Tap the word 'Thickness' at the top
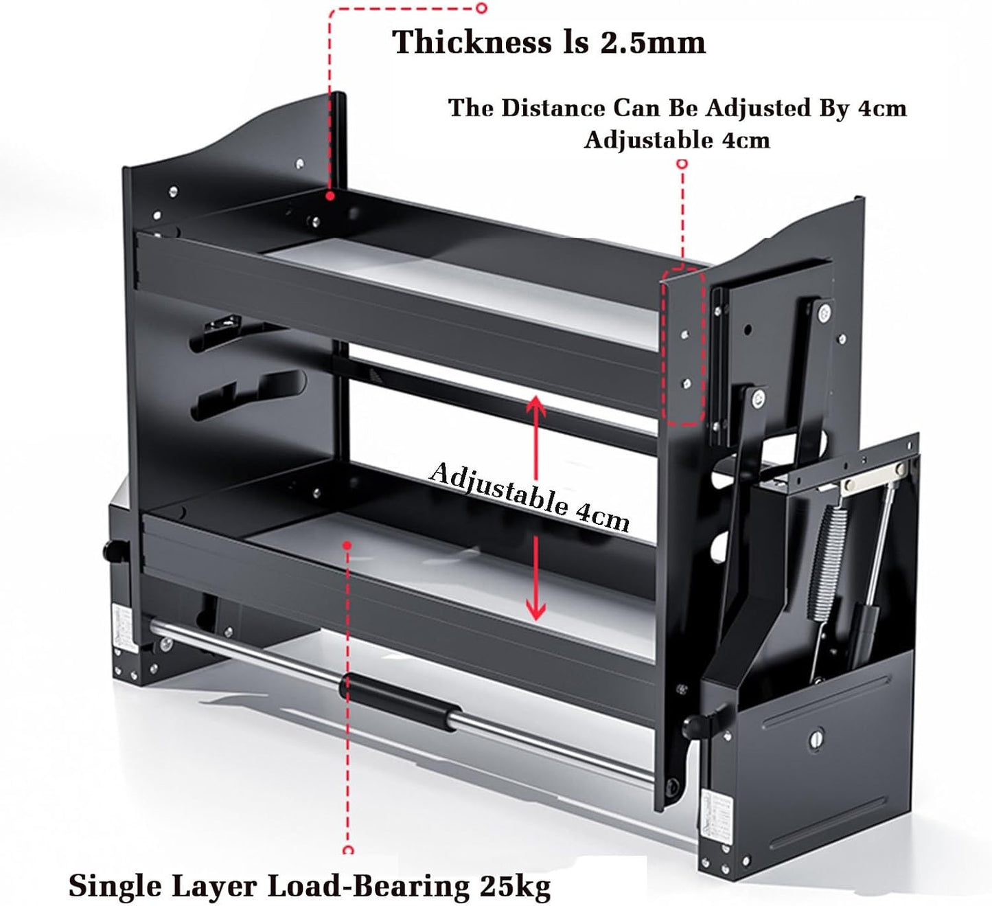click(x=471, y=41)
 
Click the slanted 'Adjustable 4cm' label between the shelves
click(x=529, y=497)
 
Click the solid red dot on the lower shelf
click(x=347, y=545)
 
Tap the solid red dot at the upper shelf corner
click(x=330, y=196)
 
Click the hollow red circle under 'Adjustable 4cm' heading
click(x=682, y=163)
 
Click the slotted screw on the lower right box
click(x=816, y=740)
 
